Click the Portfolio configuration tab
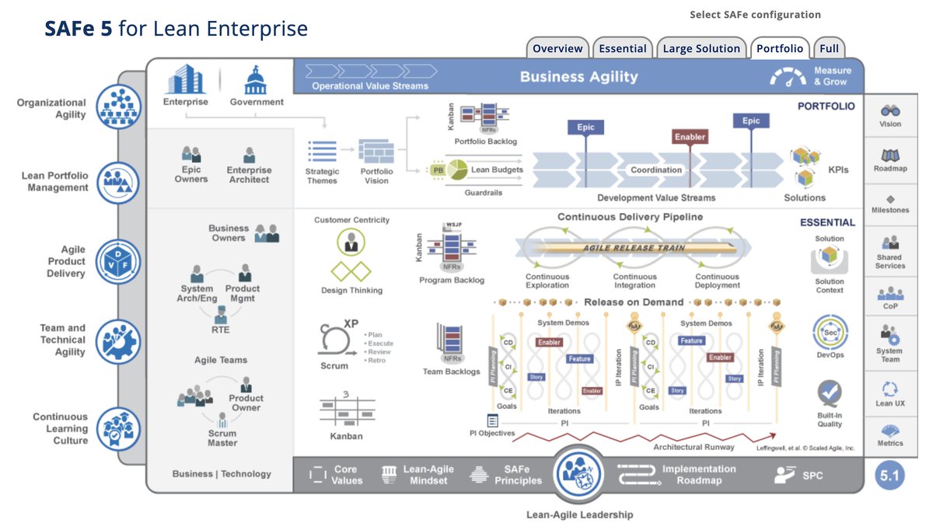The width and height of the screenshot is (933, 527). click(780, 48)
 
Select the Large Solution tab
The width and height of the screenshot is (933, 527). click(701, 48)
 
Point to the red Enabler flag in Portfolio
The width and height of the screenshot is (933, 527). click(690, 137)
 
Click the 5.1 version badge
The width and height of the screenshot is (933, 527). click(891, 476)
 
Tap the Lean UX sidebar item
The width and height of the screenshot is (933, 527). click(890, 389)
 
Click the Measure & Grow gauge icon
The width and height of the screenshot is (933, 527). click(788, 76)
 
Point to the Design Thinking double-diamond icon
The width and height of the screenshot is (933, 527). click(351, 271)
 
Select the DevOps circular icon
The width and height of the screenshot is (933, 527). click(830, 332)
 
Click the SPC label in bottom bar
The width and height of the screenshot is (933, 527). click(812, 475)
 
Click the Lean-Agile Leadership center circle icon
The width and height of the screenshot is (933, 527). click(579, 475)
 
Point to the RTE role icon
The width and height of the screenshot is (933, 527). click(221, 315)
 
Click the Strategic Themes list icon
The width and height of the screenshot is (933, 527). click(322, 152)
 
